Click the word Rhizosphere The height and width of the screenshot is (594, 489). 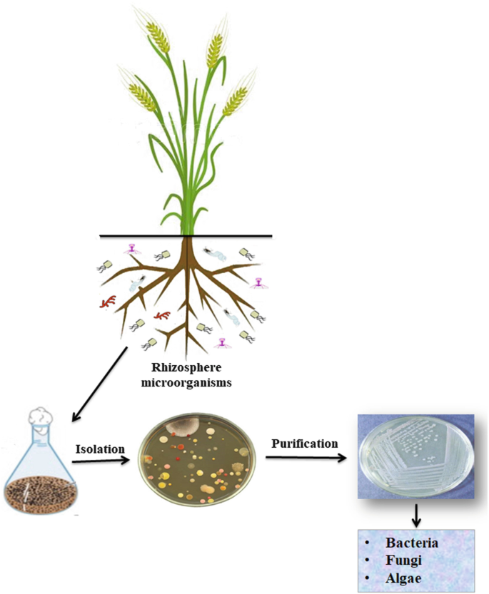pyautogui.click(x=186, y=368)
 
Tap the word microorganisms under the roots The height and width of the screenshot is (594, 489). pyautogui.click(x=186, y=383)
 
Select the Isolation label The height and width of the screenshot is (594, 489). pyautogui.click(x=100, y=449)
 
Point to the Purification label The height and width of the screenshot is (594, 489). pyautogui.click(x=304, y=444)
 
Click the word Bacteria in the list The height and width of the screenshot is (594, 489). pyautogui.click(x=412, y=543)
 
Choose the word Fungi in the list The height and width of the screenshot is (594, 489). pyautogui.click(x=403, y=560)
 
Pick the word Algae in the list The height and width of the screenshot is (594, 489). pyautogui.click(x=403, y=579)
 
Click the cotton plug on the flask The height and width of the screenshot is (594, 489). pyautogui.click(x=40, y=416)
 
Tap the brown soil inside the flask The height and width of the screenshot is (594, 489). pyautogui.click(x=39, y=491)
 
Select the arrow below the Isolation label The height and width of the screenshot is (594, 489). pyautogui.click(x=101, y=461)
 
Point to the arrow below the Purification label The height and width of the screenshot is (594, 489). pyautogui.click(x=306, y=458)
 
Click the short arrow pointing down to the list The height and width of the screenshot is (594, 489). pyautogui.click(x=416, y=516)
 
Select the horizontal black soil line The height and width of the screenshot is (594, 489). pyautogui.click(x=186, y=236)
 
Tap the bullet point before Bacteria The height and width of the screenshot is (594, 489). pyautogui.click(x=367, y=543)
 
